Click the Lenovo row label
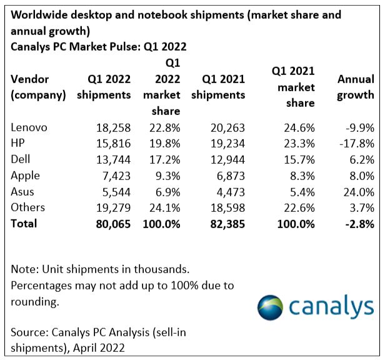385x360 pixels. tap(29, 127)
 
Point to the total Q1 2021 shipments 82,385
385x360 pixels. tap(222, 223)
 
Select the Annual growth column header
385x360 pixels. tap(355, 87)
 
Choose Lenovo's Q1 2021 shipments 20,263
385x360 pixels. tap(224, 127)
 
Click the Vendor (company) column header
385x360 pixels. tap(38, 87)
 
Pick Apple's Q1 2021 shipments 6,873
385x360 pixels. tap(227, 176)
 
